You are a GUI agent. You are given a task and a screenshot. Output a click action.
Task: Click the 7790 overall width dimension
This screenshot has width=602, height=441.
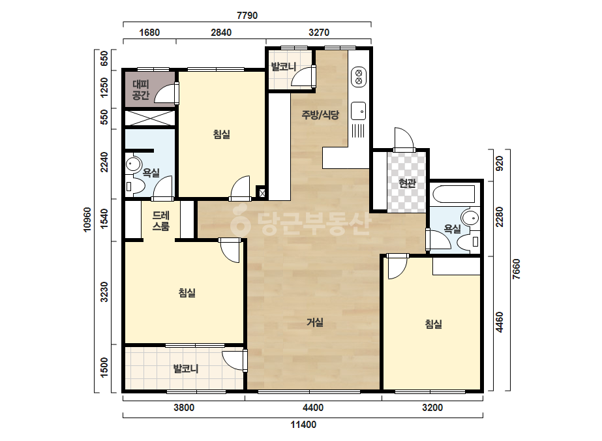pyautogui.click(x=247, y=16)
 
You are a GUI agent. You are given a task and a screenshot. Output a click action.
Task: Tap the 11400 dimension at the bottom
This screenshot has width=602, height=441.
pyautogui.click(x=303, y=425)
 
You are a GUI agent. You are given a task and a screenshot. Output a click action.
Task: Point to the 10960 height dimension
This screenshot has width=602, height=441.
pyautogui.click(x=87, y=220)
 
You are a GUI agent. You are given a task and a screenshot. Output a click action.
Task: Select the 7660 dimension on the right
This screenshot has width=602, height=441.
pyautogui.click(x=517, y=269)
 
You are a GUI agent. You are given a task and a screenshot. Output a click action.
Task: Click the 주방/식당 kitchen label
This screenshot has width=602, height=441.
pyautogui.click(x=320, y=114)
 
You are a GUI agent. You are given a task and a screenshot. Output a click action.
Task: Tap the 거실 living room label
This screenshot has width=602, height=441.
pyautogui.click(x=315, y=322)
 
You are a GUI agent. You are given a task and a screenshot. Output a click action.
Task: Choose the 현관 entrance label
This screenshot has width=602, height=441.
pyautogui.click(x=408, y=183)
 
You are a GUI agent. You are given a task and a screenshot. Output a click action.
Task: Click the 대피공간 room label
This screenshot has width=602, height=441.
pyautogui.click(x=140, y=89)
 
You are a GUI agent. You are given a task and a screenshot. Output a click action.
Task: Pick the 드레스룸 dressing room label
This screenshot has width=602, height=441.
pyautogui.click(x=161, y=220)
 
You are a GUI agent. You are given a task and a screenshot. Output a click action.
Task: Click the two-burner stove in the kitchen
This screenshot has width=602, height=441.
pyautogui.click(x=359, y=77)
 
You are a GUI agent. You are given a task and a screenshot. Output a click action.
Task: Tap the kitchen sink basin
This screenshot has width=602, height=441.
pyautogui.click(x=359, y=111)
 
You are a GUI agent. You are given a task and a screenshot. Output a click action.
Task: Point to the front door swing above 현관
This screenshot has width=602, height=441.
pyautogui.click(x=404, y=139)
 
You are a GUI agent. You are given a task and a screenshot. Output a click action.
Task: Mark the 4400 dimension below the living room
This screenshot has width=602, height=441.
pyautogui.click(x=313, y=407)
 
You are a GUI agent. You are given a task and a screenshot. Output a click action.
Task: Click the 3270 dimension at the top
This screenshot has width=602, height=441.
pyautogui.click(x=319, y=32)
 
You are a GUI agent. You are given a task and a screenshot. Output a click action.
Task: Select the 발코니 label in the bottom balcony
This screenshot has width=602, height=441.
pyautogui.click(x=186, y=369)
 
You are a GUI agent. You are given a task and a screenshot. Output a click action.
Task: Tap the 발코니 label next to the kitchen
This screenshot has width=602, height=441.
pyautogui.click(x=283, y=67)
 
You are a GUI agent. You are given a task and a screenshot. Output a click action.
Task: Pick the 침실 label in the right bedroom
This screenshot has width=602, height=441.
pyautogui.click(x=434, y=324)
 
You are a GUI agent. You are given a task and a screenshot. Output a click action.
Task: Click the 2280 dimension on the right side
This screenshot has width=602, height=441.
pyautogui.click(x=499, y=217)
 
